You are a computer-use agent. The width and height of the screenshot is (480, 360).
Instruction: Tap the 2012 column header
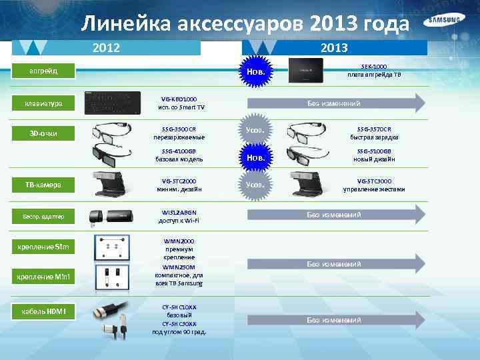[x=107, y=48]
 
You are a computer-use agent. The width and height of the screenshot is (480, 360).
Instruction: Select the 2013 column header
[x=333, y=48]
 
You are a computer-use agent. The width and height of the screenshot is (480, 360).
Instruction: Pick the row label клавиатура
[x=43, y=103]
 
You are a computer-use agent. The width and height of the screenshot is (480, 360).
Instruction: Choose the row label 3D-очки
[x=43, y=133]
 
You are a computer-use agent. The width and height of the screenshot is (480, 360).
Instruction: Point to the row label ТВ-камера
[x=43, y=185]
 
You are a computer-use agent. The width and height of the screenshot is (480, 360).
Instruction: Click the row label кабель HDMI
[x=43, y=311]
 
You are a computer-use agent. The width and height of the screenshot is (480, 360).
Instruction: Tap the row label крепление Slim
[x=43, y=248]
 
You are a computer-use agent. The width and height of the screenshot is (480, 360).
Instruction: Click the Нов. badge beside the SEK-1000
[x=257, y=71]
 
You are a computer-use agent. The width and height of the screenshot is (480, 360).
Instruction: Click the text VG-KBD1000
[x=179, y=99]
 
